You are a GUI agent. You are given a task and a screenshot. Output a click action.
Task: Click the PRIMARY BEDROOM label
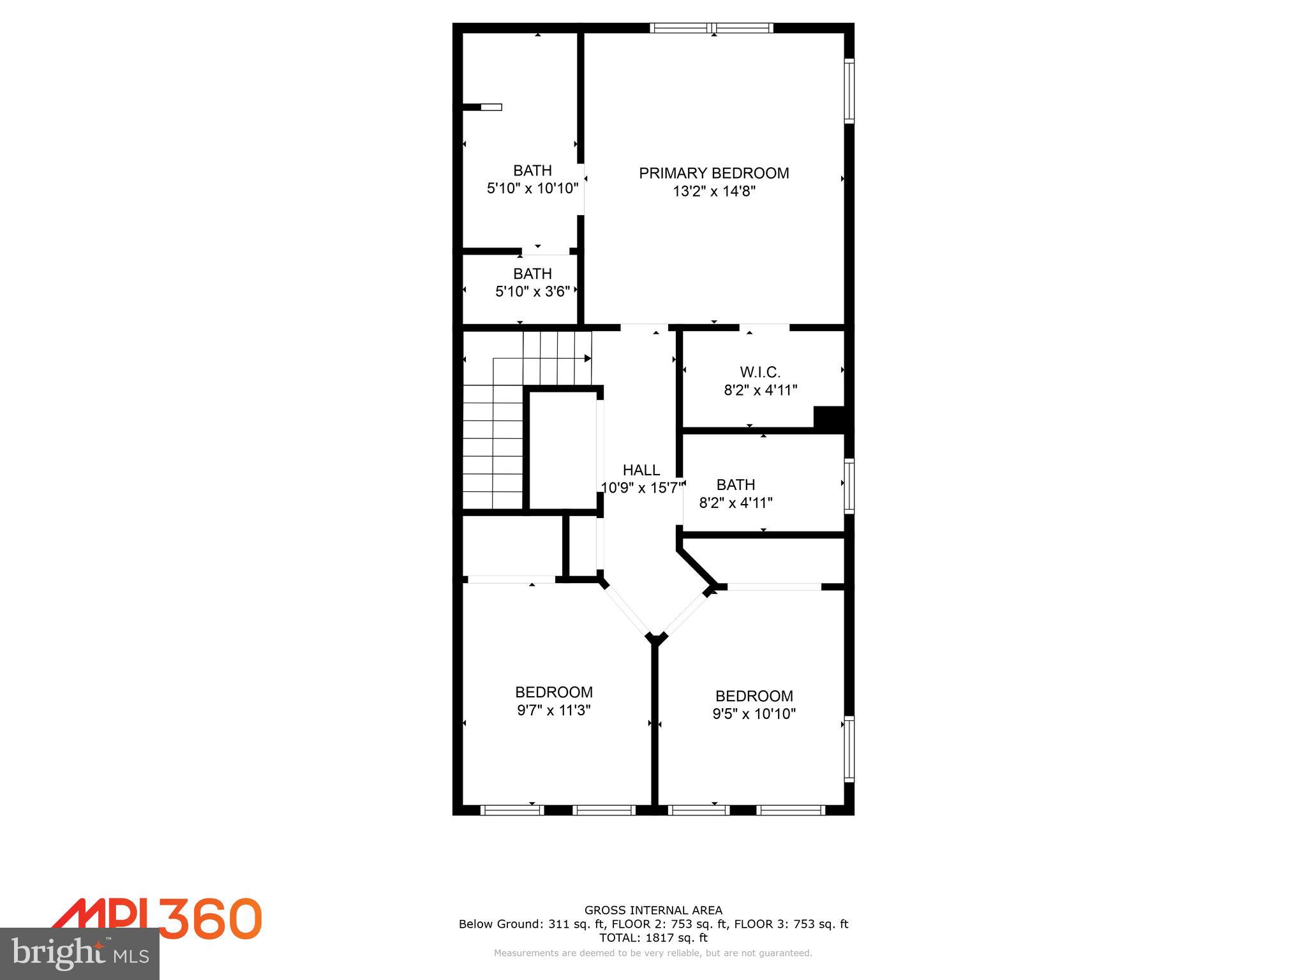coord(713,173)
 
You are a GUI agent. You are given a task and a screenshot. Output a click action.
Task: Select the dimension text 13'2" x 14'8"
coord(713,191)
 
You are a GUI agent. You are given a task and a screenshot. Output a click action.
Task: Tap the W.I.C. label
coord(760,372)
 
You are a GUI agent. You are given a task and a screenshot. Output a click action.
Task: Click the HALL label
coord(641,470)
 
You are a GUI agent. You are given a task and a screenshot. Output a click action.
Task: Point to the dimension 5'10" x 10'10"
coord(532,189)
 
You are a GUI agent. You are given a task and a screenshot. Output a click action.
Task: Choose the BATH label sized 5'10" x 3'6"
coord(532,274)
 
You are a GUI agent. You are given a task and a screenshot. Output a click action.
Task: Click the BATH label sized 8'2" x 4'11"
coord(735,485)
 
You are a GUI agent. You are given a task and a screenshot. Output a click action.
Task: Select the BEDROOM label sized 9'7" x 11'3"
coord(553,692)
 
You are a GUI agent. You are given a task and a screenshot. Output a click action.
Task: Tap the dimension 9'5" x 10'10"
coord(754,714)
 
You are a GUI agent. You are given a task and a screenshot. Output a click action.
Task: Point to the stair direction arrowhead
coord(588,359)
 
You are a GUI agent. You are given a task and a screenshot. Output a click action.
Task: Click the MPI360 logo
coord(156,919)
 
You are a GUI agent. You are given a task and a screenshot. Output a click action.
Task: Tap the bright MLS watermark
coord(80,954)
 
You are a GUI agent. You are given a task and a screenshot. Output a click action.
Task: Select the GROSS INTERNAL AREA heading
coord(653,910)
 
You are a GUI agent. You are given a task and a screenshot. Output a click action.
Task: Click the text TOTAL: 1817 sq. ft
coord(653,937)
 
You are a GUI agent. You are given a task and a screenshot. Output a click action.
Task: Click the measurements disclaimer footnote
coord(653,953)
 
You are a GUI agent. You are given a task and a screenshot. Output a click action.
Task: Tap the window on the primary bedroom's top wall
coord(712,27)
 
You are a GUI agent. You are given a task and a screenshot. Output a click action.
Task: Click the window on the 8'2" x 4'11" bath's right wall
coord(849,486)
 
